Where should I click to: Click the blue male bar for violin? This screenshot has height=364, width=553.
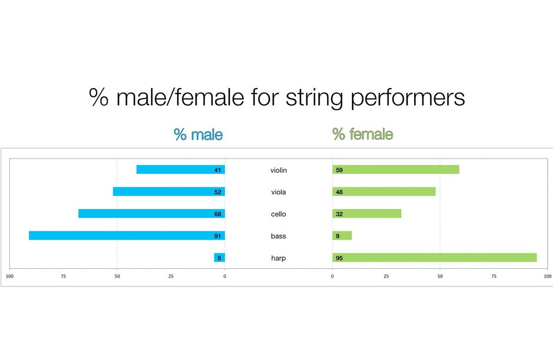tap(181, 170)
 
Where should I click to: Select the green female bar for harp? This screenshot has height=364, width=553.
tap(435, 258)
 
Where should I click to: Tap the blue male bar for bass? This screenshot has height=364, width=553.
tap(127, 235)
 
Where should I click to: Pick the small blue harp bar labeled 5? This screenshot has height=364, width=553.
tap(219, 258)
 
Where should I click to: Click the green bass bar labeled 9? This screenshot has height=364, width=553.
tap(342, 235)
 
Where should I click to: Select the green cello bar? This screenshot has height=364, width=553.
tap(367, 214)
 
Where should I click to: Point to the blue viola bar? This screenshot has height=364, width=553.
tap(169, 191)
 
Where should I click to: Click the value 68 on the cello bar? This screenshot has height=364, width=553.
tap(218, 214)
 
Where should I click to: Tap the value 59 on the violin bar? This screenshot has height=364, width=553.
tap(339, 170)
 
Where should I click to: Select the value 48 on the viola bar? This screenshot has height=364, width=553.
tap(339, 192)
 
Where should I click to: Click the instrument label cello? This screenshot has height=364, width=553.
tap(278, 214)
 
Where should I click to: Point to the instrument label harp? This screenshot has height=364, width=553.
tap(278, 258)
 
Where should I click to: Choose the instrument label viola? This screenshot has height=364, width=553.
tap(278, 192)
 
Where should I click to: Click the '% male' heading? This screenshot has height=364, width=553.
tap(198, 134)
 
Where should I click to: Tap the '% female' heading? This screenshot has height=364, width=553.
tap(362, 134)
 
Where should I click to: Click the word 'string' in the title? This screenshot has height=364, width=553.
tap(314, 98)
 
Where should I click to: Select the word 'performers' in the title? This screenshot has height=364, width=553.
tap(407, 98)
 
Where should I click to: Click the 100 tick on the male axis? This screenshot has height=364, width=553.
tap(9, 277)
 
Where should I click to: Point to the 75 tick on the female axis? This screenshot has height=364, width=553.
tap(494, 277)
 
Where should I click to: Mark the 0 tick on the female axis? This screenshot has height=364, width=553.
tap(332, 277)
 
